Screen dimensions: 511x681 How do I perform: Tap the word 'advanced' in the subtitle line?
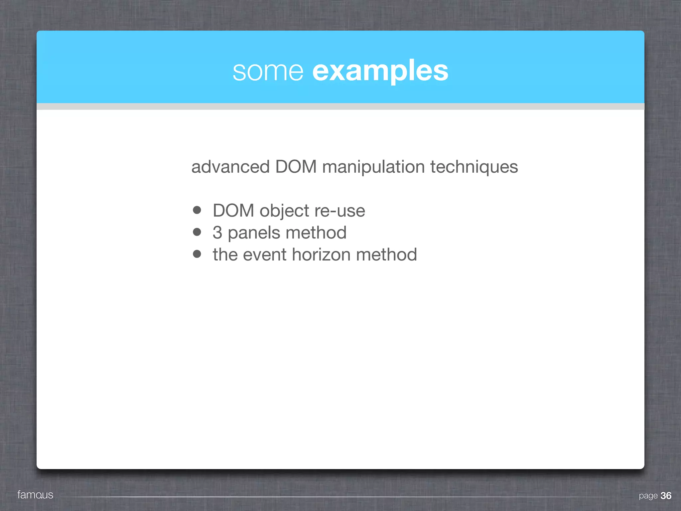tap(230, 167)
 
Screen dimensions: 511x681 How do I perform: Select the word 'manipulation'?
tap(373, 167)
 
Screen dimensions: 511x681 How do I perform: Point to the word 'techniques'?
tap(474, 167)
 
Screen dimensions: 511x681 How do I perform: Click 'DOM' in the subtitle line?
tap(296, 167)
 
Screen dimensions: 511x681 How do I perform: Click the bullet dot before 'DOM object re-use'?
tap(197, 210)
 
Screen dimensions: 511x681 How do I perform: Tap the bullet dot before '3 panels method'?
tap(197, 232)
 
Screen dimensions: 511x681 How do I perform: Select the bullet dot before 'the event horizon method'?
tap(197, 254)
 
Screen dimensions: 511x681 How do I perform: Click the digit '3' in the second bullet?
tap(217, 233)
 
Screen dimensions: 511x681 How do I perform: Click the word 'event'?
tap(265, 255)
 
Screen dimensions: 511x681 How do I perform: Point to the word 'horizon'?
tap(321, 255)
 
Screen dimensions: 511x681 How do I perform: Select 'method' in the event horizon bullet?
tap(386, 255)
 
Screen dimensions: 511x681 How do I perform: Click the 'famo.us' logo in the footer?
tap(35, 495)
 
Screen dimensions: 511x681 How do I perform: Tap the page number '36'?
tap(666, 496)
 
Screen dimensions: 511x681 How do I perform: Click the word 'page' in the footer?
tap(648, 496)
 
